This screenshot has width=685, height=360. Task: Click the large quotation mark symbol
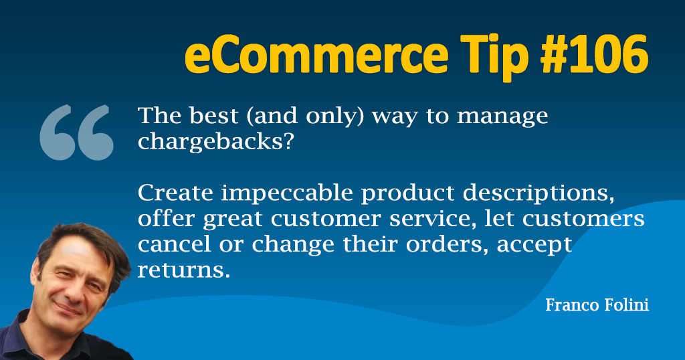coord(76,132)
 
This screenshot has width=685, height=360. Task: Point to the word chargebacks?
coord(215,143)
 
